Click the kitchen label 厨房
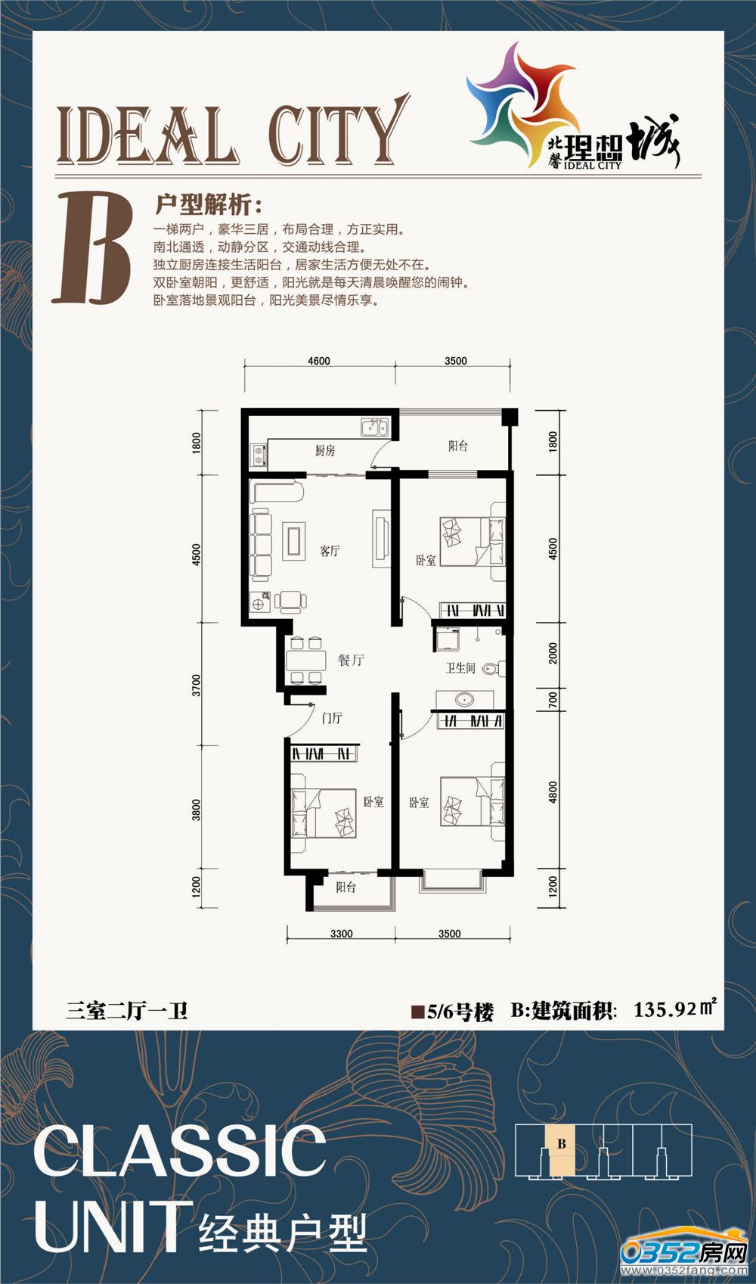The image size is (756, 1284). point(325,450)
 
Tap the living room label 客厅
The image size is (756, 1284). point(330,551)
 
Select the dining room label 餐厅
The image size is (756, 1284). point(351,660)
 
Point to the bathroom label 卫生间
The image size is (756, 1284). point(460,668)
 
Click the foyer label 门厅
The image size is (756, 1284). point(332,718)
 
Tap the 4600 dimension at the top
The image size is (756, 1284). point(319,361)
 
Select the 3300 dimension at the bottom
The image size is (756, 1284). point(342,934)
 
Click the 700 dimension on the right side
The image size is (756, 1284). point(553,699)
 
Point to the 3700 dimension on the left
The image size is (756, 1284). point(197,685)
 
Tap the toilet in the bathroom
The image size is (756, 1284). point(494,668)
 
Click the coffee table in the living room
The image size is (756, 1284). point(293,541)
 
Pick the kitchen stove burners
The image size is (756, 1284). point(259,455)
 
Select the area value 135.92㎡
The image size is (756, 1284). point(674,1009)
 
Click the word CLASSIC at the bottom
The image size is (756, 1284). point(179,1150)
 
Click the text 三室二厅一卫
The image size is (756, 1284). point(126,1009)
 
